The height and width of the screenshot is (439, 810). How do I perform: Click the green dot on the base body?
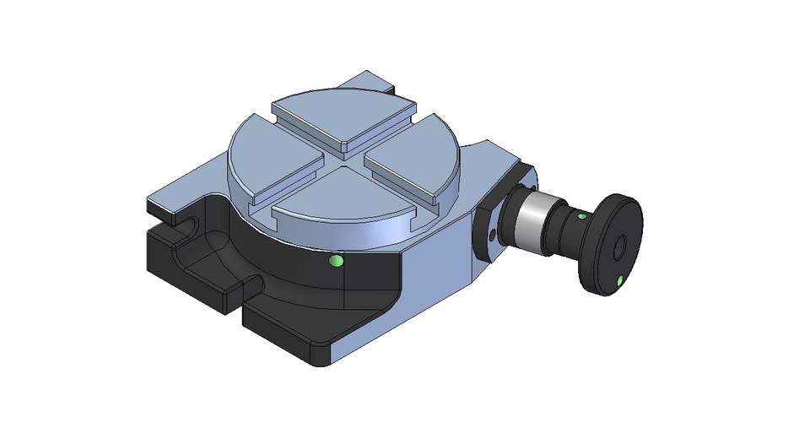coord(337,261)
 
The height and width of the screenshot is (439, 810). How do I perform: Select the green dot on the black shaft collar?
coord(580,216)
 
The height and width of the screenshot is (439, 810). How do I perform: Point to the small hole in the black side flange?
coord(493,229)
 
